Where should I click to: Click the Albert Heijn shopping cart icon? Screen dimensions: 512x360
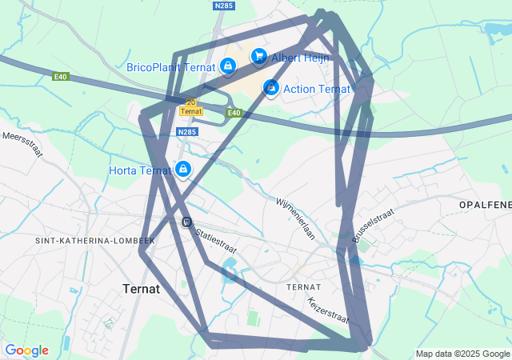258,56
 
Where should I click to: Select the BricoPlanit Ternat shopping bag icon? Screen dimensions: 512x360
228,66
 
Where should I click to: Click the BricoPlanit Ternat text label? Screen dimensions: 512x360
171,67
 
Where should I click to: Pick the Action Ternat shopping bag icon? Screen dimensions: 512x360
271,87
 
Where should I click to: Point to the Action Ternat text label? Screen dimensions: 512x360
317,89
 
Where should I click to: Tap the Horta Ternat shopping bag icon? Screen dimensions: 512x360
183,169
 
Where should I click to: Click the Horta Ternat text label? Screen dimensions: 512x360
140,170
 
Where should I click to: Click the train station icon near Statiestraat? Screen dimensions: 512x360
186,222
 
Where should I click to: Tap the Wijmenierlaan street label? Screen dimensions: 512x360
296,219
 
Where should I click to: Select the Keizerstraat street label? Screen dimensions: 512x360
328,310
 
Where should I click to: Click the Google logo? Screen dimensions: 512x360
26,350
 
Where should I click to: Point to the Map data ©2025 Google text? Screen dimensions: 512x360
462,354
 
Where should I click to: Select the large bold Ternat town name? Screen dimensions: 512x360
142,288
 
